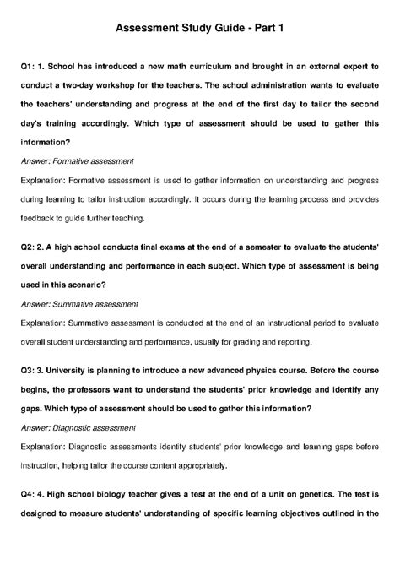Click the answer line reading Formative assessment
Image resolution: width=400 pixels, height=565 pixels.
coord(81,160)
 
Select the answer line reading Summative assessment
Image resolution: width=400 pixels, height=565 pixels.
coord(83,302)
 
